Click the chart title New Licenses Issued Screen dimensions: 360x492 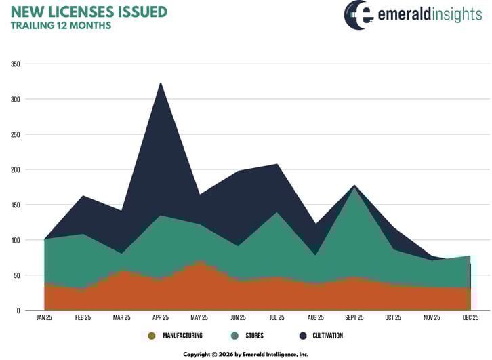click(x=89, y=12)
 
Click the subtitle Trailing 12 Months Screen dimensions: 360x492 click(x=60, y=26)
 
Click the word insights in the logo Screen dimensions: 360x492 click(x=454, y=15)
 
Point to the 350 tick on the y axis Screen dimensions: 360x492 click(x=15, y=64)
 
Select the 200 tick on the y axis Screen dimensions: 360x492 click(x=15, y=169)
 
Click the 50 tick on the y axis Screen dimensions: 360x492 click(x=16, y=275)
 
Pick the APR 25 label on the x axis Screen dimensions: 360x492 click(x=161, y=317)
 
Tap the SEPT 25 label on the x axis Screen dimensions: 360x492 click(x=354, y=317)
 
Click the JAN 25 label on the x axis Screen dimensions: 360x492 click(x=44, y=317)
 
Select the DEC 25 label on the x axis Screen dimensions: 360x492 click(x=470, y=317)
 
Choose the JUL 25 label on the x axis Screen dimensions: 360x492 click(x=276, y=317)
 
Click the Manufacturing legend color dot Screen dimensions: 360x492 click(x=151, y=336)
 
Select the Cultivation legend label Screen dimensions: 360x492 click(x=328, y=336)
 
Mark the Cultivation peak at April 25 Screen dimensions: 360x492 click(x=161, y=83)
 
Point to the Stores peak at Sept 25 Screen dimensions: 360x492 click(x=354, y=187)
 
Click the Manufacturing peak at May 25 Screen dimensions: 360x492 click(x=199, y=261)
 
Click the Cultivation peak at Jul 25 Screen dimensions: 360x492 click(x=276, y=164)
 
